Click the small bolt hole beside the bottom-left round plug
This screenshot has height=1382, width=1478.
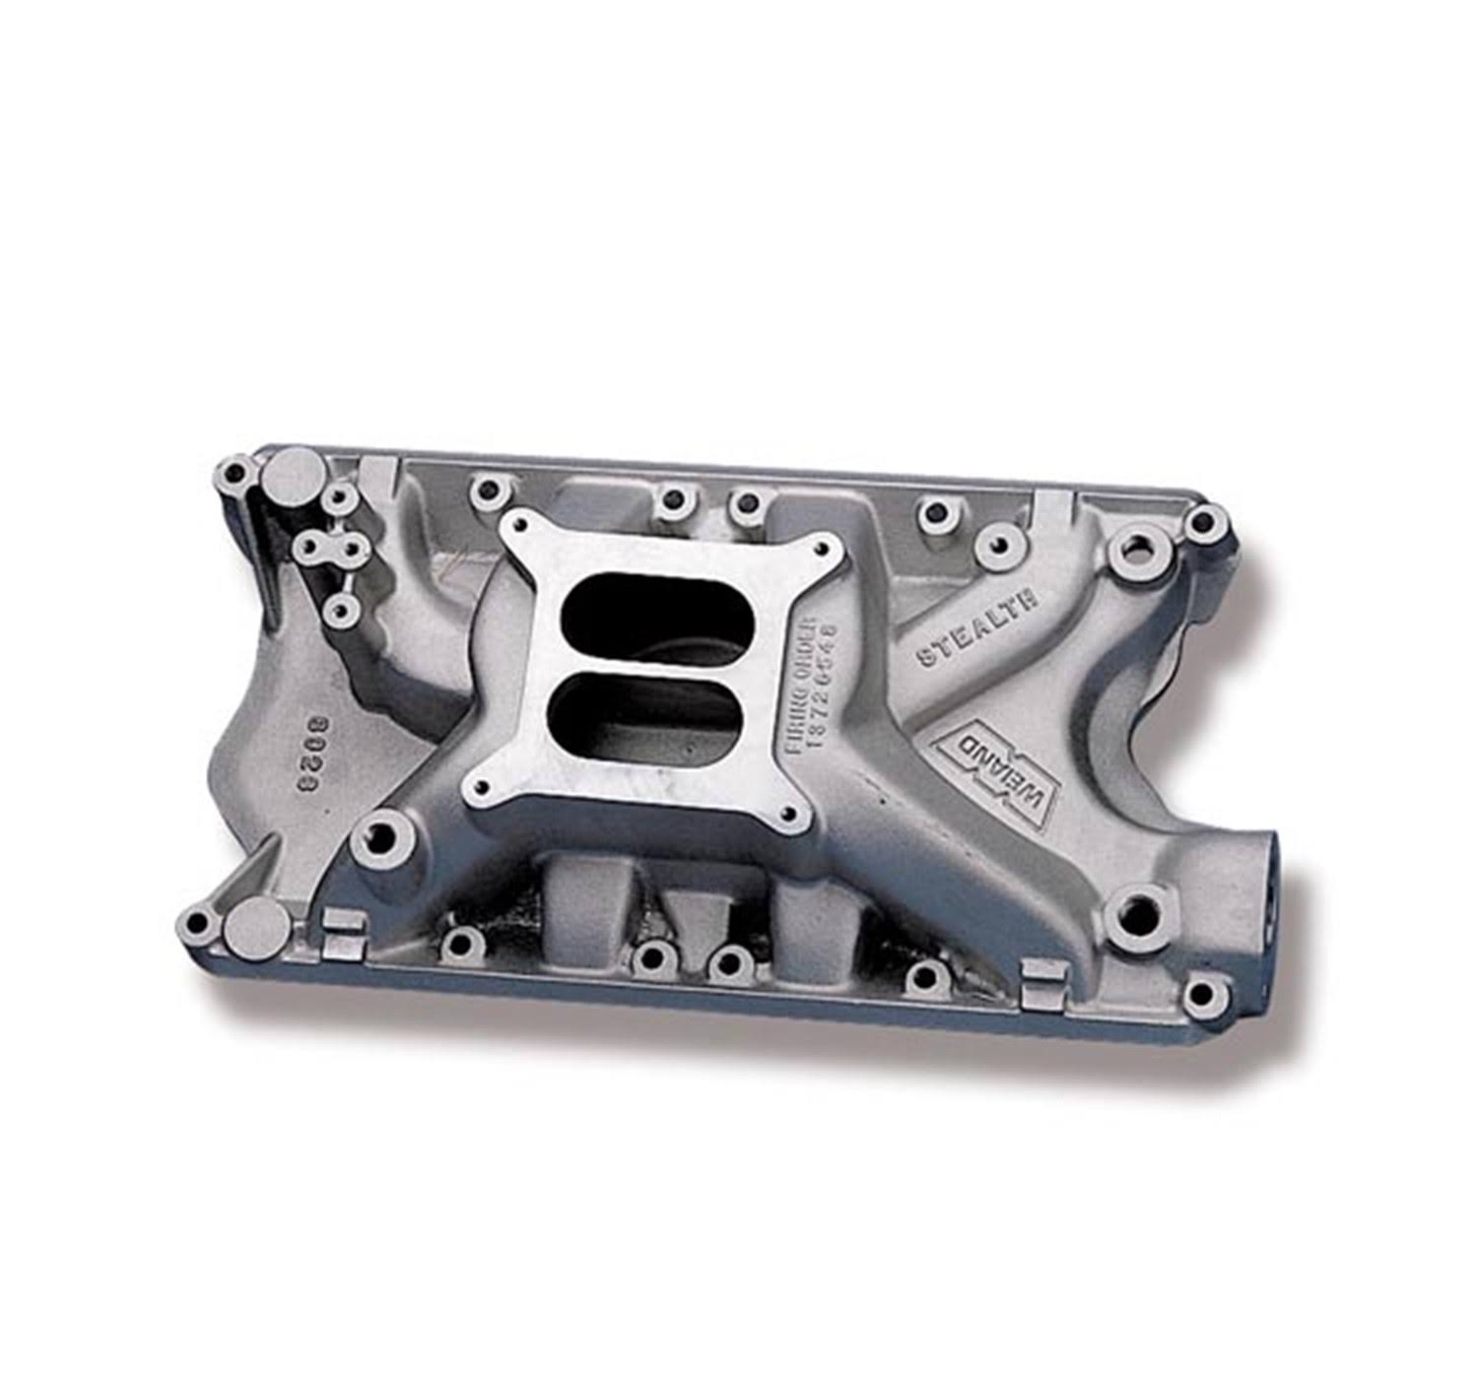[197, 923]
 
